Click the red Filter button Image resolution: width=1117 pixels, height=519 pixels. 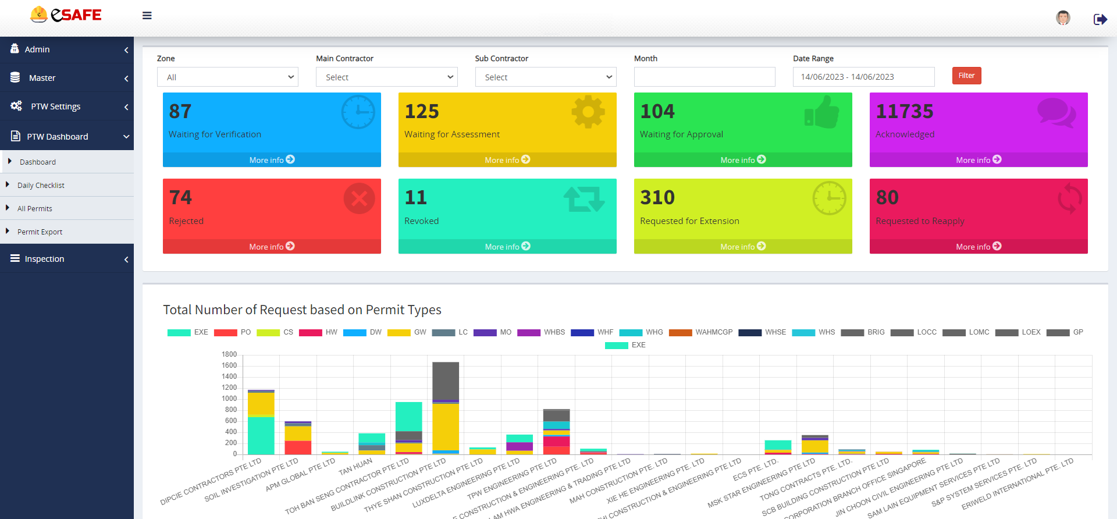[966, 76]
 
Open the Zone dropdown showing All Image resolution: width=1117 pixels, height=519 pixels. [227, 77]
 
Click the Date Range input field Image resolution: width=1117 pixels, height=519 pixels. [863, 77]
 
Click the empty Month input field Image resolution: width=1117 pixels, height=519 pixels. [704, 77]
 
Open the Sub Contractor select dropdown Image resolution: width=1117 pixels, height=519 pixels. [546, 77]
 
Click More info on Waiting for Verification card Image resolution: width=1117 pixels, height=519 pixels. [272, 159]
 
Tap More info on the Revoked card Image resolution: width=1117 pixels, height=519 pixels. [507, 246]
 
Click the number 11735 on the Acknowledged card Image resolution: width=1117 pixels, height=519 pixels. [904, 111]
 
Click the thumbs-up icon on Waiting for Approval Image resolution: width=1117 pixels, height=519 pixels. [821, 112]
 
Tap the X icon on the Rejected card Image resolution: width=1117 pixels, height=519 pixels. [359, 198]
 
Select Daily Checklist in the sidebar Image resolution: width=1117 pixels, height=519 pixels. [41, 185]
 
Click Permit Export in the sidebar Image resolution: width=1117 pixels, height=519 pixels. [40, 232]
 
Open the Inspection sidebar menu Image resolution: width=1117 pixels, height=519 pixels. [44, 259]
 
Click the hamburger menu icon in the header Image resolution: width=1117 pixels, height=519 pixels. [147, 16]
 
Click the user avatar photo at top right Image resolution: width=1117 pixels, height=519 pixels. [1063, 18]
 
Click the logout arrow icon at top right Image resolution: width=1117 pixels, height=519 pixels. [1100, 19]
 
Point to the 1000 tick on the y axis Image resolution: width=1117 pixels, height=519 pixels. [229, 399]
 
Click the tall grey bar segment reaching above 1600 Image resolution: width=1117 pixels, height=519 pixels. [446, 381]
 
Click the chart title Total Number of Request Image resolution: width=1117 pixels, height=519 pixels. [302, 310]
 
